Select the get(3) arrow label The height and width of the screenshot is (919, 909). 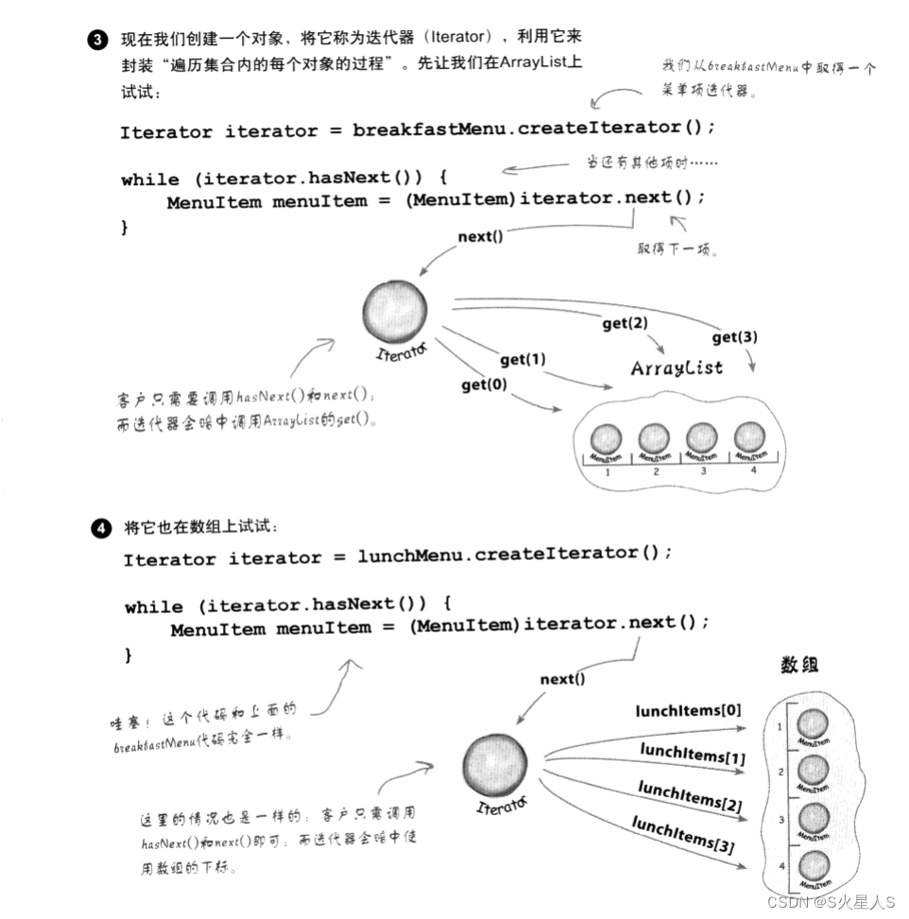[x=734, y=337]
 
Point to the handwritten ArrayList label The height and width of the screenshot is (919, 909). [x=677, y=367]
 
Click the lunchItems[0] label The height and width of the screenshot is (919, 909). [x=688, y=711]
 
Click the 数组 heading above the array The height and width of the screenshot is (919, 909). [x=799, y=665]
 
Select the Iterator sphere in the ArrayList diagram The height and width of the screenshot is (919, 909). [x=394, y=313]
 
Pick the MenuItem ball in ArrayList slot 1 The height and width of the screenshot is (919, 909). [x=606, y=440]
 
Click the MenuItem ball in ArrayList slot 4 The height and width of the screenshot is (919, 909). [x=748, y=438]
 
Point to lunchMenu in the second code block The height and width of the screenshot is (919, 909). [x=410, y=555]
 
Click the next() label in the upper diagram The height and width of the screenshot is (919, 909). [x=481, y=237]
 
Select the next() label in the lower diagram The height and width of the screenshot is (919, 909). [x=562, y=679]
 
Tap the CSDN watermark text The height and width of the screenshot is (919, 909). [x=831, y=902]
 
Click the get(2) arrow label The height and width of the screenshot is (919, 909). [x=625, y=324]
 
